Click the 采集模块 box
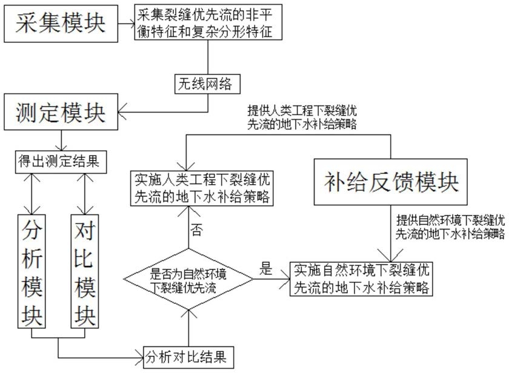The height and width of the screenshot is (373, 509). [61, 24]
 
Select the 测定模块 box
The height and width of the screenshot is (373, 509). [61, 112]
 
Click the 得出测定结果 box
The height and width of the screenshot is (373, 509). [61, 162]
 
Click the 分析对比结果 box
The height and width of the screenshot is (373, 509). [188, 357]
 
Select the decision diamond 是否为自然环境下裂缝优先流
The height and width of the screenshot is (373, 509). [188, 279]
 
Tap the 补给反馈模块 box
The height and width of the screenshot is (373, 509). [391, 182]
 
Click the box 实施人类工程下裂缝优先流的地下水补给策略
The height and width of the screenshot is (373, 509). [202, 188]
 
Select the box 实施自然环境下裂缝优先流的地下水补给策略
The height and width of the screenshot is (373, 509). [362, 279]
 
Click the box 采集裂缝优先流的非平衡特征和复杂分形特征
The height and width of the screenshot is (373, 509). [208, 24]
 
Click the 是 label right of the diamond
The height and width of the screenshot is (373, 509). [265, 269]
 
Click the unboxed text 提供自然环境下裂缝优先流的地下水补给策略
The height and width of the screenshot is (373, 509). [450, 225]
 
